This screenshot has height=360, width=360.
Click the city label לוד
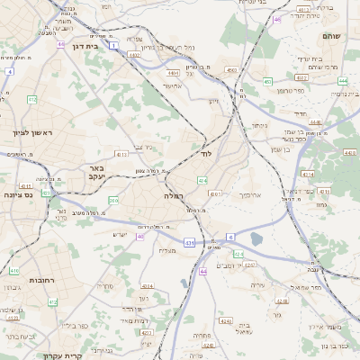pos(206,155)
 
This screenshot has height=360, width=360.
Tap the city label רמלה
pos(174,195)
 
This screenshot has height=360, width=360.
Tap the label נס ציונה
pos(18,194)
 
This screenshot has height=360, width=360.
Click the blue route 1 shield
pos(113,43)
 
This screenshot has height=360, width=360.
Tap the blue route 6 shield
pos(230,237)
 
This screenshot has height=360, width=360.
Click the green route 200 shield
pos(113,200)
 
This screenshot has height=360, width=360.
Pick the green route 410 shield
pos(14,270)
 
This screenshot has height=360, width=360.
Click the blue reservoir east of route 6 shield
pos(257,238)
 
